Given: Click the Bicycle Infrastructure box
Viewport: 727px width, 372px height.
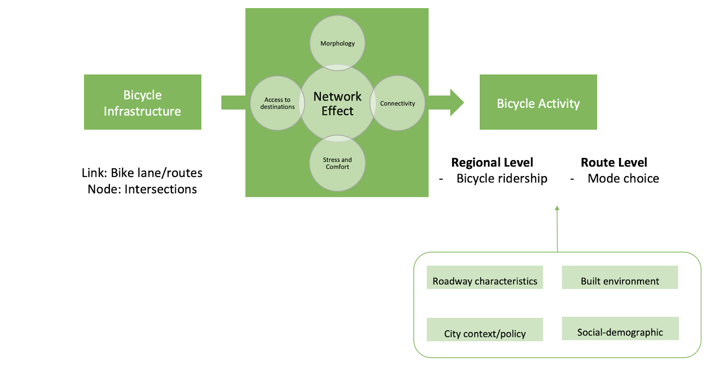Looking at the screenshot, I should [142, 102].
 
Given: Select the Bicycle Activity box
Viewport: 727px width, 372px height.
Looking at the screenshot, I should [538, 102].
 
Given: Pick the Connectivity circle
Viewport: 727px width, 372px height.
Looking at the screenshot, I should [398, 103].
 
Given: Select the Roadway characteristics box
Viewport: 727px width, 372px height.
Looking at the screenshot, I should [484, 278].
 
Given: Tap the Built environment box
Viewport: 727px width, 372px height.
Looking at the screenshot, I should [620, 278].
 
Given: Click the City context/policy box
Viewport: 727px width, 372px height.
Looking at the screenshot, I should [484, 330].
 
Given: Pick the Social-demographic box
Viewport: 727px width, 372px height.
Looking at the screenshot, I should [620, 329].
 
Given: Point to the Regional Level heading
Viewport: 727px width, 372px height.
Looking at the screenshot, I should [492, 162].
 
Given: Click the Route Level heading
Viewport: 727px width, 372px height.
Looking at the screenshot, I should [614, 162].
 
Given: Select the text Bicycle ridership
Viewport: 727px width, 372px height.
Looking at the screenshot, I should [502, 179].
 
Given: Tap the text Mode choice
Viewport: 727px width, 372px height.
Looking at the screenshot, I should [623, 179].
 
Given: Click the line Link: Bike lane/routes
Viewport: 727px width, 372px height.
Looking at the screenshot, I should [142, 173].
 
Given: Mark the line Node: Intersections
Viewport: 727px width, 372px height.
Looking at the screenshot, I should [142, 189].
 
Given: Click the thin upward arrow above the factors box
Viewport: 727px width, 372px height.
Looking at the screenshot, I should [557, 227].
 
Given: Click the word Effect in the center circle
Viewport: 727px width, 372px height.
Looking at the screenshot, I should [337, 111].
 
